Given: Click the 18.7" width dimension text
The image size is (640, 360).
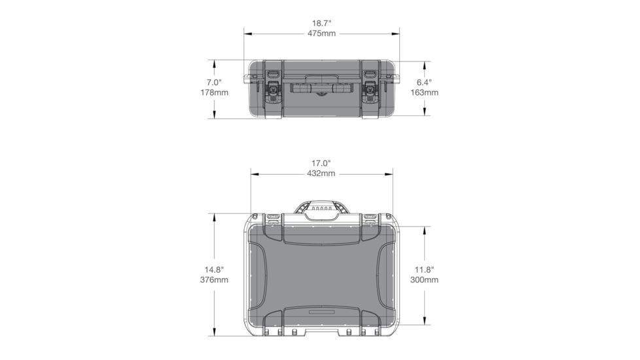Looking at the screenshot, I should [x=321, y=22].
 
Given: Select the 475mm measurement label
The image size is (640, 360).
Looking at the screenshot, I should [x=321, y=33].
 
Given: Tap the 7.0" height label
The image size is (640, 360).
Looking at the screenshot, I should [x=214, y=82].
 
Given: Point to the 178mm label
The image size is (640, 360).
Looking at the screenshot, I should [x=214, y=93].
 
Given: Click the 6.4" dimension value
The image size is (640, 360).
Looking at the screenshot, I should [x=425, y=82].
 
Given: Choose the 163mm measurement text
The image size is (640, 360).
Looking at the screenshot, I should [x=425, y=93].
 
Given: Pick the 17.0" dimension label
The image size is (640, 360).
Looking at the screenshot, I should [x=321, y=163].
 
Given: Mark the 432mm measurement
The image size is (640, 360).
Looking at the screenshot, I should [x=321, y=173].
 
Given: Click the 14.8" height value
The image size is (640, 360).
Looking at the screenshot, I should [x=214, y=270].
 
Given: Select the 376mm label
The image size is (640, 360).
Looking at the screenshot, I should [x=214, y=280].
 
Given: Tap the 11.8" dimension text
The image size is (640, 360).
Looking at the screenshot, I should [x=425, y=270].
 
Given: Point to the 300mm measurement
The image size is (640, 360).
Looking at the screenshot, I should [x=425, y=280].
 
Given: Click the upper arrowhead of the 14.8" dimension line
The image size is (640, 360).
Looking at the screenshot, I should [x=214, y=217].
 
